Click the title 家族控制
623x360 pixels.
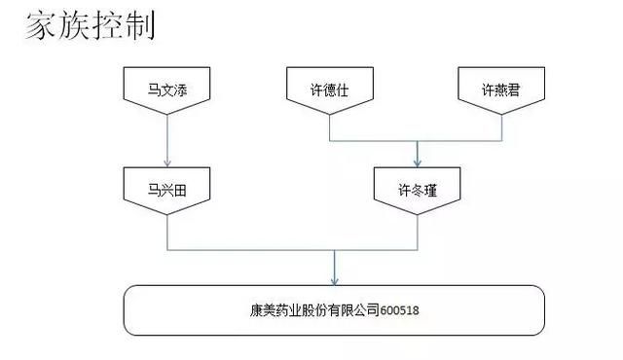[89, 26]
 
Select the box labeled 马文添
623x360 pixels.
[167, 89]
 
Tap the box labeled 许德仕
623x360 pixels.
[329, 89]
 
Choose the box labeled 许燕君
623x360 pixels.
[502, 89]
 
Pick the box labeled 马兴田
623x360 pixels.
[167, 189]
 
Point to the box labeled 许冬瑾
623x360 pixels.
[418, 189]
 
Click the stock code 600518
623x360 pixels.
[400, 313]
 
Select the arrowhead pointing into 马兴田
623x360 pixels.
[167, 162]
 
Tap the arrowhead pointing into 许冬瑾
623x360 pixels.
[418, 162]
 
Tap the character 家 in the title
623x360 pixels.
[40, 26]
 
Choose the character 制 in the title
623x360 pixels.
[138, 26]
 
